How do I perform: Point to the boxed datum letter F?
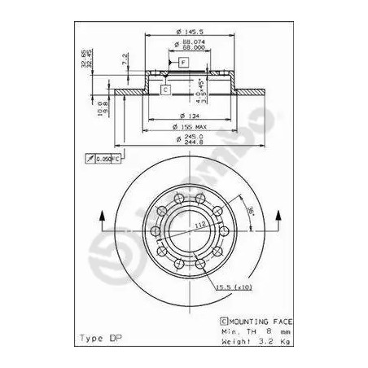point(182,62)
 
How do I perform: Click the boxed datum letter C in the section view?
point(165,90)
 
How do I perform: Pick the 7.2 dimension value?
point(124,60)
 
